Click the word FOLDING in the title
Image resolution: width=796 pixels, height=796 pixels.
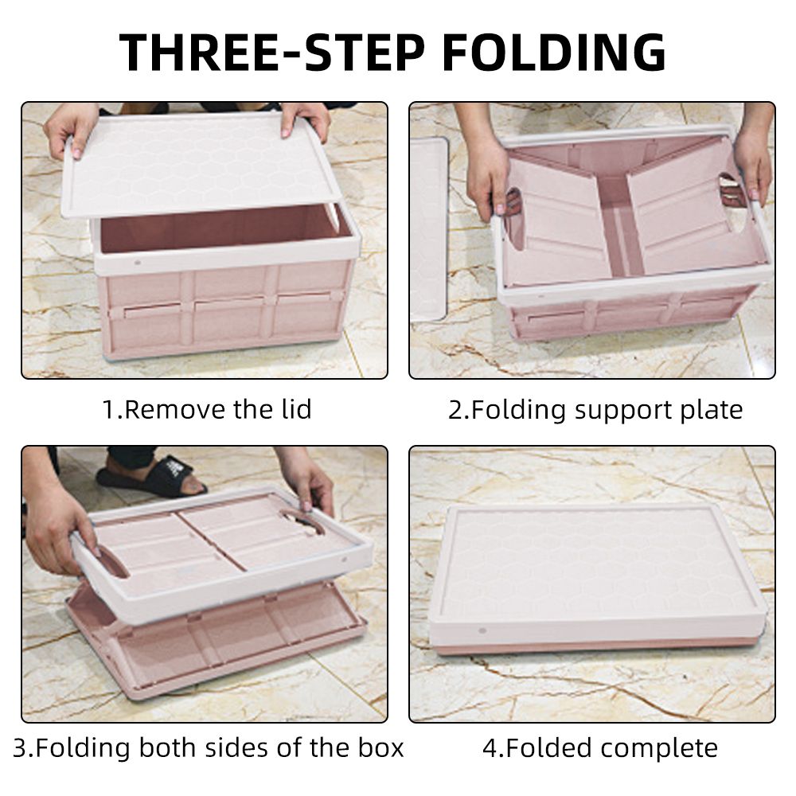point(554,52)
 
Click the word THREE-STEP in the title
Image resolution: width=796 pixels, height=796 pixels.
point(272,52)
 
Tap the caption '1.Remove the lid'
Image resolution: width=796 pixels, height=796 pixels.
point(207,409)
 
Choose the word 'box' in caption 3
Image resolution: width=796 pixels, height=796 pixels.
point(380,747)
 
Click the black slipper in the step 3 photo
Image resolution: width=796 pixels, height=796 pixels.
point(152,477)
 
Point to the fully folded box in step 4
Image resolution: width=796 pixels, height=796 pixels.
point(598,579)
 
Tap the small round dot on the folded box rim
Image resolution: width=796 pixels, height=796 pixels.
point(482,631)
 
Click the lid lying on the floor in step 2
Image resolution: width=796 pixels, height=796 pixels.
point(429,228)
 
